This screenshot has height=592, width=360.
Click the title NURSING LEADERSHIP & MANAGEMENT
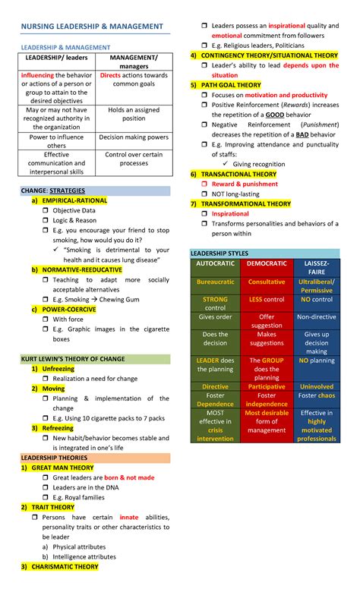(91, 27)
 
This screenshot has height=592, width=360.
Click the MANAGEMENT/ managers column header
(134, 61)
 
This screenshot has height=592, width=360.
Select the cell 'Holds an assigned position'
(134, 114)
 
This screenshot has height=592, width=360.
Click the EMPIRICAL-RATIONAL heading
(74, 200)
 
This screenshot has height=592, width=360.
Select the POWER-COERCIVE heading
(68, 309)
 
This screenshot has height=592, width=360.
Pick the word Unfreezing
(58, 368)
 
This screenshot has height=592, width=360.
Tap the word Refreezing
(58, 428)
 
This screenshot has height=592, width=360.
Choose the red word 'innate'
(129, 517)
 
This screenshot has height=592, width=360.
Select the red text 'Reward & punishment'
(245, 184)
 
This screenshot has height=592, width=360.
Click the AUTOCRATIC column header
(216, 263)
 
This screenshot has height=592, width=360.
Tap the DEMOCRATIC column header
(267, 263)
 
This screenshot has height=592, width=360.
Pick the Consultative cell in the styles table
(267, 282)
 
